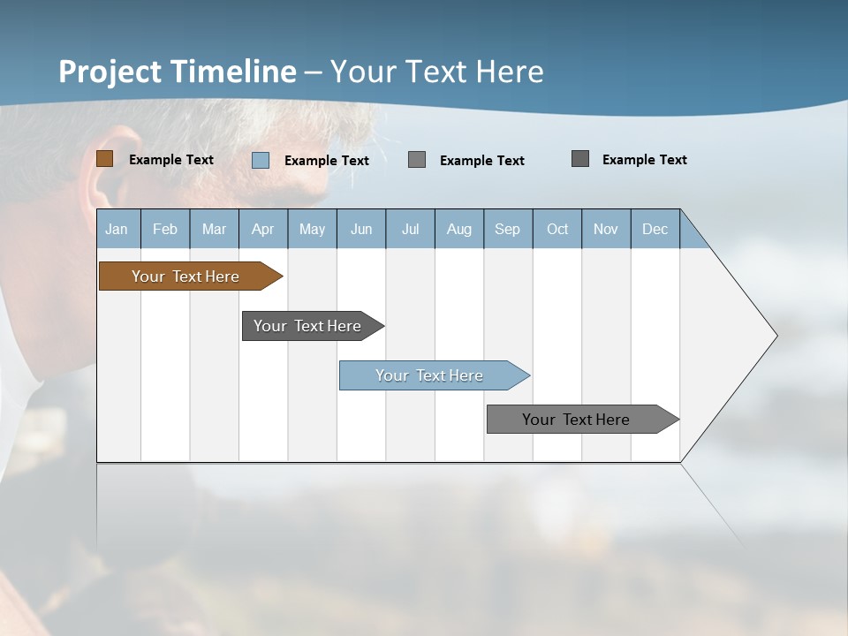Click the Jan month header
point(117,229)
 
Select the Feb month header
point(165,229)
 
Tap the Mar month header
point(214,229)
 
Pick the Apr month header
point(263,229)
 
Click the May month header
point(312,229)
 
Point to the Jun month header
point(361,229)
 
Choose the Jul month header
point(410,229)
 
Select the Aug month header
point(459,229)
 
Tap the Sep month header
point(508,229)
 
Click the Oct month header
point(557,229)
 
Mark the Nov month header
point(606,229)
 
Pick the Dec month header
point(655,229)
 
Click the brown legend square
point(104,159)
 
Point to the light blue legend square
point(261,160)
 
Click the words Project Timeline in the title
point(178,72)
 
